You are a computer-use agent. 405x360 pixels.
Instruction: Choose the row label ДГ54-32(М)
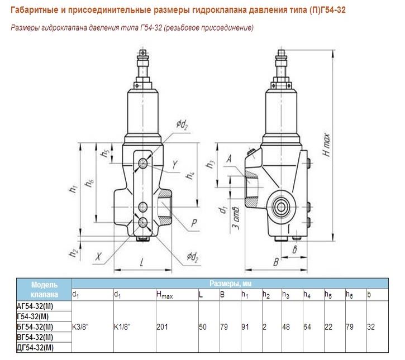click(x=36, y=348)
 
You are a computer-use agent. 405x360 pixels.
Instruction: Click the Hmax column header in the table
click(x=166, y=294)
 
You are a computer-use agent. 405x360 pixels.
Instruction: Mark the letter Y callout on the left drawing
click(x=175, y=165)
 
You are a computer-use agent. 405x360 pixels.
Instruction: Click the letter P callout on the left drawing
click(x=193, y=224)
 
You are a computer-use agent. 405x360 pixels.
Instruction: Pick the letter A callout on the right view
click(x=230, y=160)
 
